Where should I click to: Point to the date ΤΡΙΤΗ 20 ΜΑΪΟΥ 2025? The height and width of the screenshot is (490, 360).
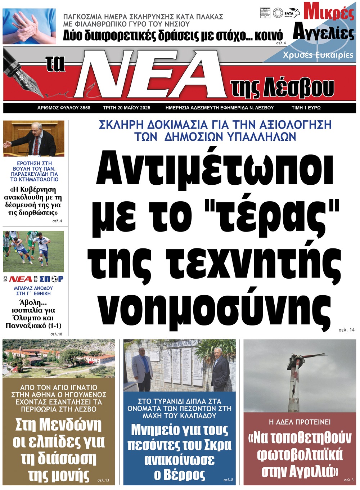(126, 108)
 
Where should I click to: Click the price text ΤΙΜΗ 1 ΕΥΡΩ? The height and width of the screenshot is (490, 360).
(306, 108)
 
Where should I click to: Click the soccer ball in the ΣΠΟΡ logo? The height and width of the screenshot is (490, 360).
(54, 279)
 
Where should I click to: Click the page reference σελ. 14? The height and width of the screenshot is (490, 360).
(346, 329)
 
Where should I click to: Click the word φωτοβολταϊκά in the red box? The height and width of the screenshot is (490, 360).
(300, 455)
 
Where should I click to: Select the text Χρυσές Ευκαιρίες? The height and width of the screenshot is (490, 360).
(318, 55)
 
